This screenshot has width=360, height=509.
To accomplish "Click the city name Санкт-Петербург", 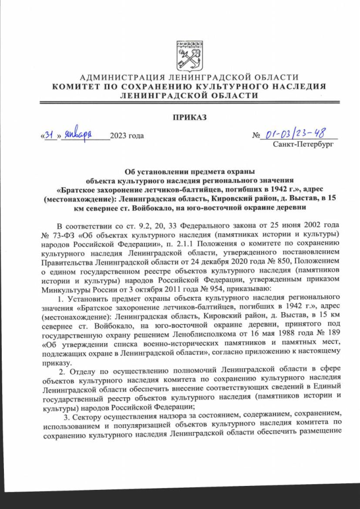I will tap(303, 145).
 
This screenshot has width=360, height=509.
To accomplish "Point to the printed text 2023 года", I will tap(127, 136).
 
